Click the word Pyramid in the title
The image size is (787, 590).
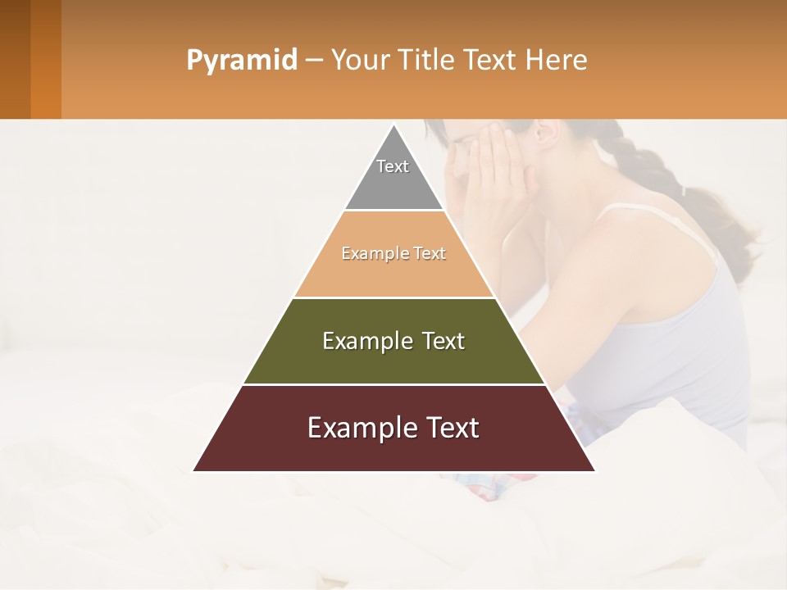(241, 61)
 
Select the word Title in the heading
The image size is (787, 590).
(425, 61)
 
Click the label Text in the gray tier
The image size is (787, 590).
(393, 166)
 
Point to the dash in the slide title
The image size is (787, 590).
(313, 61)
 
